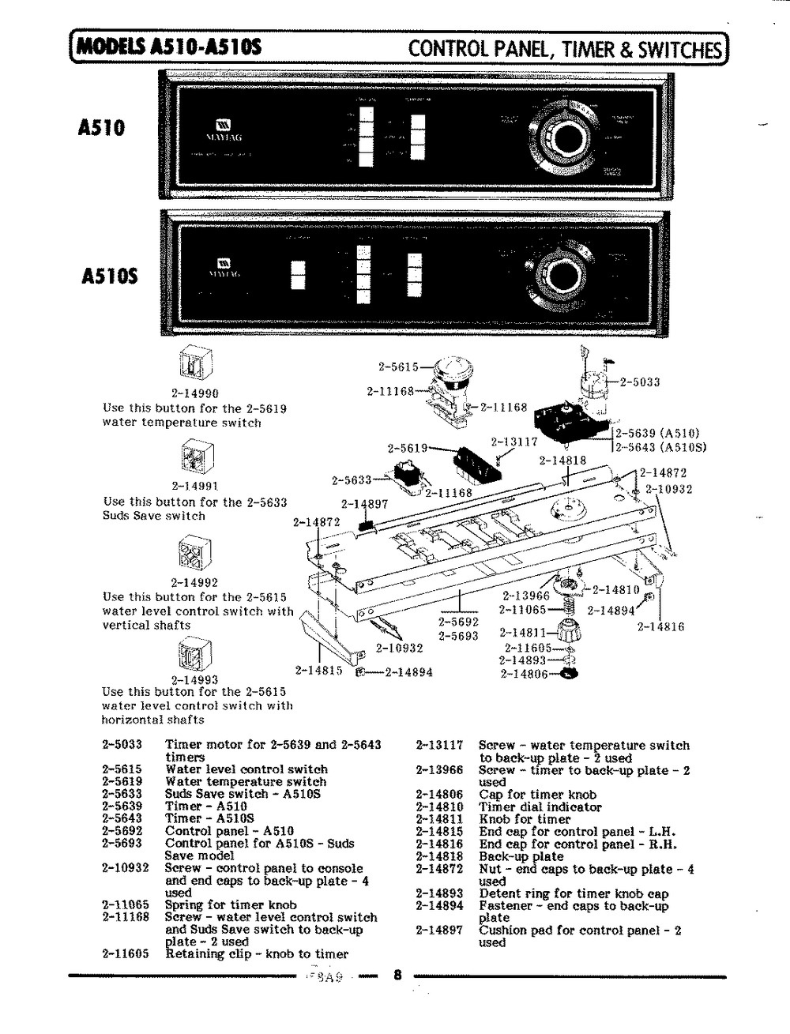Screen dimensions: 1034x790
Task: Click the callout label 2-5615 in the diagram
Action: (398, 367)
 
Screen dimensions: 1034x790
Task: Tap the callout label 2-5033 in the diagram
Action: (640, 383)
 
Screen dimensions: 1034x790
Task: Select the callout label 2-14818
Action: (562, 461)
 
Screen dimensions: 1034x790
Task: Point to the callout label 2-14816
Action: (660, 627)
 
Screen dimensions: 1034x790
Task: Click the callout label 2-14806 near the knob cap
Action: (525, 674)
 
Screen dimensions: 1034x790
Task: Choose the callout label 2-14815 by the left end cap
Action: (318, 670)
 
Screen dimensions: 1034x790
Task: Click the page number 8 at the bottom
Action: (397, 975)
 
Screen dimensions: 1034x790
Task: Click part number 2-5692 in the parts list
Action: (122, 831)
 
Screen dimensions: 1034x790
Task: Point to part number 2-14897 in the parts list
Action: (439, 931)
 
